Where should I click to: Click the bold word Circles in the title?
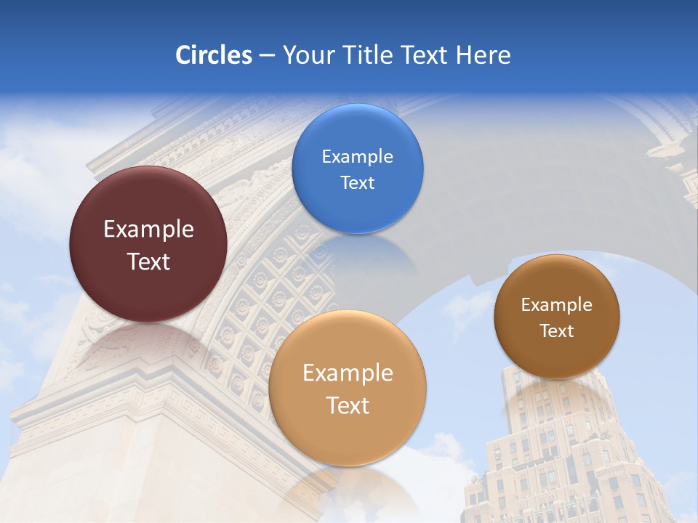[x=213, y=55]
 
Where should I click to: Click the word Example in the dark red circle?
[x=148, y=230]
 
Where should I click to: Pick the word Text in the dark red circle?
[x=148, y=261]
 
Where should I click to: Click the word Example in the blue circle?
[x=357, y=157]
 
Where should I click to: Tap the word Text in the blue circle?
[x=357, y=182]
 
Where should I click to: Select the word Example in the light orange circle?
[x=348, y=373]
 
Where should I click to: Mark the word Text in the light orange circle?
[x=348, y=405]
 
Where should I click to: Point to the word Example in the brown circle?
[x=557, y=305]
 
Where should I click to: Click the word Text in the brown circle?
[x=557, y=331]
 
